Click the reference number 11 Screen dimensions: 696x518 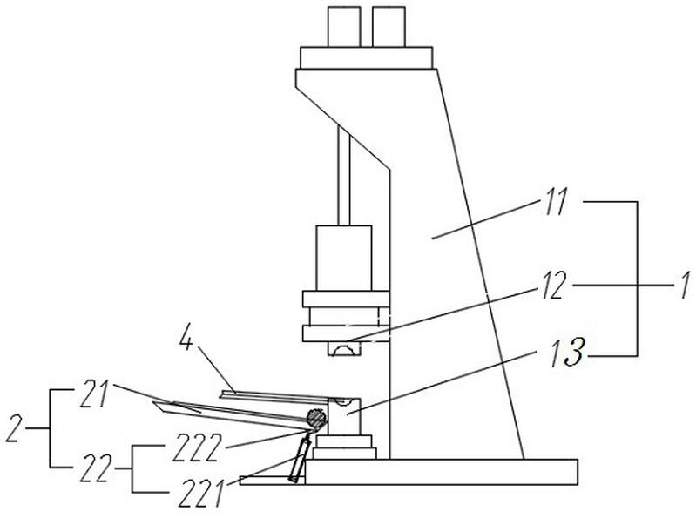(x=554, y=203)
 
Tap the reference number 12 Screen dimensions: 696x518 (x=553, y=286)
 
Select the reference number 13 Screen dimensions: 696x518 (x=567, y=353)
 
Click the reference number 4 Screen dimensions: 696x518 (x=187, y=341)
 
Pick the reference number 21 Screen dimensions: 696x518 (x=94, y=394)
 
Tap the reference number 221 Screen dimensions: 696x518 (x=200, y=494)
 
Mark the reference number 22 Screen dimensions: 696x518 (x=95, y=468)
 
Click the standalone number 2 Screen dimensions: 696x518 (x=14, y=428)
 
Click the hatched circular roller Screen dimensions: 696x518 (x=316, y=417)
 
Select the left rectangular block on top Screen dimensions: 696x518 (x=343, y=27)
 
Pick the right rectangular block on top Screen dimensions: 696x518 (x=389, y=27)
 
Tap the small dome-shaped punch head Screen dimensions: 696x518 (x=344, y=349)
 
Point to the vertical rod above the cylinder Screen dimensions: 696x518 (x=344, y=176)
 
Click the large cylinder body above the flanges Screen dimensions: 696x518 (x=343, y=258)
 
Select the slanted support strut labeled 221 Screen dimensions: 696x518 (x=299, y=460)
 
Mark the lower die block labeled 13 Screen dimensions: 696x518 (x=344, y=416)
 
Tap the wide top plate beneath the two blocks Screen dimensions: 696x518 (x=366, y=57)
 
